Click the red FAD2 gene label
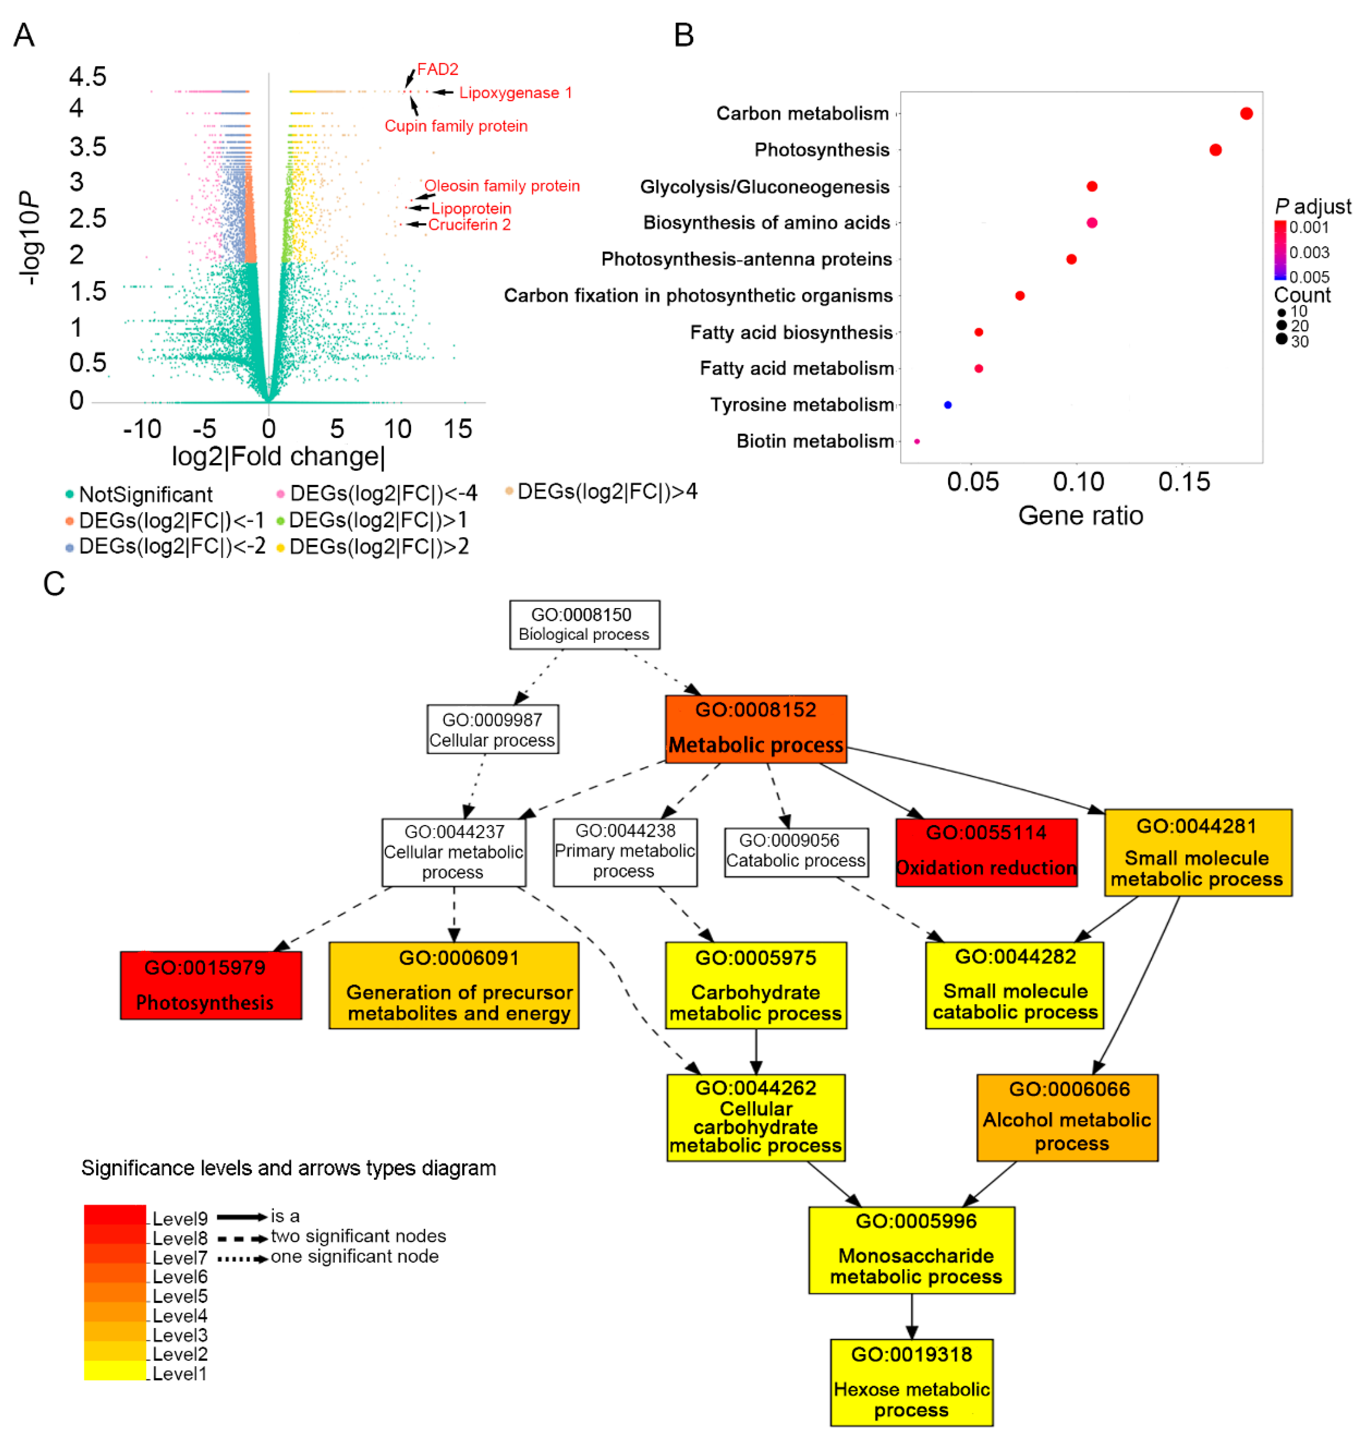coord(438,70)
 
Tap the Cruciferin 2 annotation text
coord(469,225)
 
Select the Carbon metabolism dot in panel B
coord(1246,113)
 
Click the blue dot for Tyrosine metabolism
coord(947,405)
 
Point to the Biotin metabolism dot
coord(917,441)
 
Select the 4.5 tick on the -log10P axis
coord(87,76)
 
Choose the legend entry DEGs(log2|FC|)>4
coord(607,492)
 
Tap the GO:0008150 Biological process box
coord(584,624)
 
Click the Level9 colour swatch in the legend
coord(115,1215)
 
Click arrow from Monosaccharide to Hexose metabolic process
coord(912,1317)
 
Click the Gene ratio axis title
coord(1080,515)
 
